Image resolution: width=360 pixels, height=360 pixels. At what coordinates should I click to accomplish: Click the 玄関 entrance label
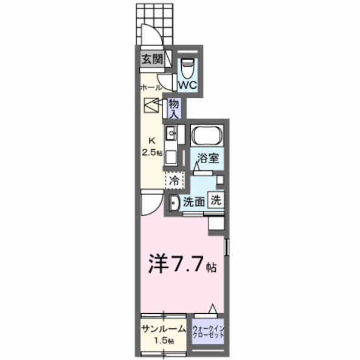coord(152,59)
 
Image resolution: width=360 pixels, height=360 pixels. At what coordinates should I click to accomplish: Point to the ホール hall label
coord(150,88)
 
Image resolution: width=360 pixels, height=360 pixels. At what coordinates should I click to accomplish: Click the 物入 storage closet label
coord(173,108)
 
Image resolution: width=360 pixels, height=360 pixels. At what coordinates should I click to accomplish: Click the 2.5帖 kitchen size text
coord(151,152)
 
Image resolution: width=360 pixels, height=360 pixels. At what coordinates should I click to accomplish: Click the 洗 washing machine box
coord(215,199)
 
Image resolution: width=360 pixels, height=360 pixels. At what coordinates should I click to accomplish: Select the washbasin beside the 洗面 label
coord(173,202)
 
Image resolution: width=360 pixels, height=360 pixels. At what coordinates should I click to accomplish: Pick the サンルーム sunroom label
coord(163,329)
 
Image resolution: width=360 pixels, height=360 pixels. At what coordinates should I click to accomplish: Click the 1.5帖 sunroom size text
coord(163,341)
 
